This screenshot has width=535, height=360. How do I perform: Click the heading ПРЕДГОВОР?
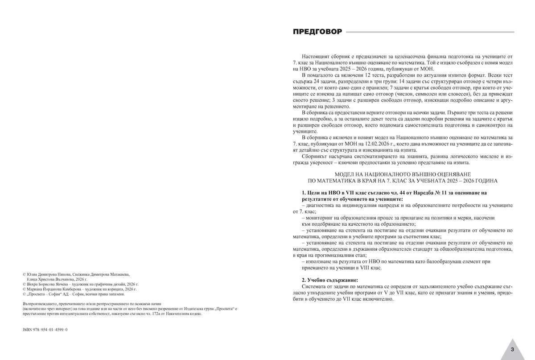(x=317, y=32)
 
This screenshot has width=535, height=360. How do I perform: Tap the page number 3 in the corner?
(x=512, y=349)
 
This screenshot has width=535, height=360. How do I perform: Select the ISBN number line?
(x=45, y=329)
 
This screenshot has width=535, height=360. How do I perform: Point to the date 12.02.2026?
(x=396, y=144)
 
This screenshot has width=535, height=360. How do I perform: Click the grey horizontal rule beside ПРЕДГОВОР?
(x=430, y=32)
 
